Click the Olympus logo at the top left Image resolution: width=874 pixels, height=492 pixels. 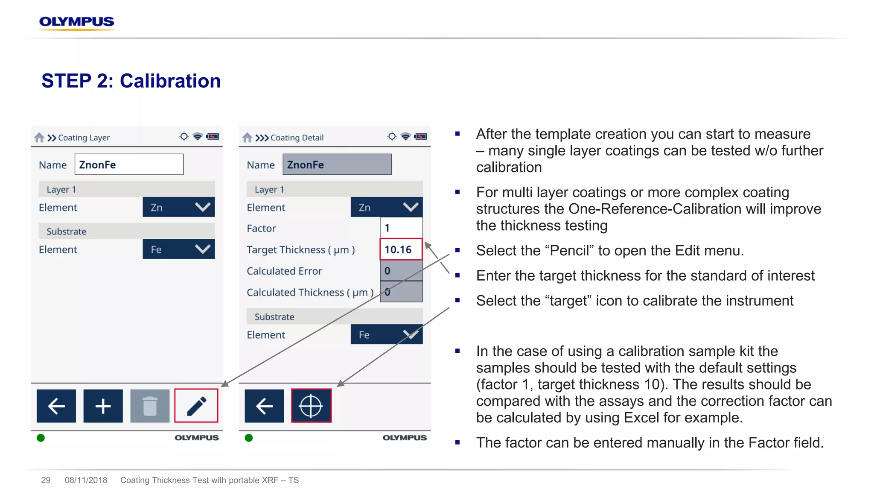76,22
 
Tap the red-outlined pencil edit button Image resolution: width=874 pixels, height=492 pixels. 196,406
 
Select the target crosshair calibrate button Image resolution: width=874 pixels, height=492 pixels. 311,406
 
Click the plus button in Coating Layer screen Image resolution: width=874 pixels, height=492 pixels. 103,406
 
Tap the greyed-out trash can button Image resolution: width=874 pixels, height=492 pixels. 150,406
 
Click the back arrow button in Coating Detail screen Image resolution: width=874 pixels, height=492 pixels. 264,406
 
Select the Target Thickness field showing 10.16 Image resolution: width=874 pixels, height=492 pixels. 401,249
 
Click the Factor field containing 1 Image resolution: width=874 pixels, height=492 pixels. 401,228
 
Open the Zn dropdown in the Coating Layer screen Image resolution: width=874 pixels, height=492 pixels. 178,207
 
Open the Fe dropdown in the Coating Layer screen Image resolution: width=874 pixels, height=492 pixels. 178,249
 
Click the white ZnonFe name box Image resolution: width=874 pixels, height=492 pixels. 129,164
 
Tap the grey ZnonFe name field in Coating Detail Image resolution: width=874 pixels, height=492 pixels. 337,164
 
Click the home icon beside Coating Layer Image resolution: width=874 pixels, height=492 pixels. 39,138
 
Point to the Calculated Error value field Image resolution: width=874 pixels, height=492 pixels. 401,271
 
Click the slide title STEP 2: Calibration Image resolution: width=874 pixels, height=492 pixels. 131,81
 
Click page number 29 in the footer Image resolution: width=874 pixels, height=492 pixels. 46,480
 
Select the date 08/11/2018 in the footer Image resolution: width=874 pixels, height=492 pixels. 86,480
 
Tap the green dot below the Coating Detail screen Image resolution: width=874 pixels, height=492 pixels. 249,438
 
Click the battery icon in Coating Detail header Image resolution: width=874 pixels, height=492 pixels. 420,137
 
